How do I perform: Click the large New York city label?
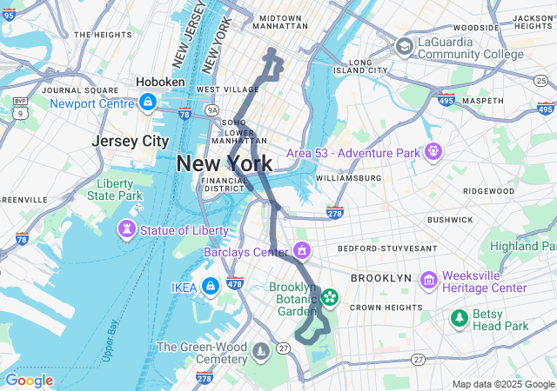tap(224, 162)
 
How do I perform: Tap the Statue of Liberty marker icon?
tap(128, 229)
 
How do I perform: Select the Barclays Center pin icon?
tap(301, 251)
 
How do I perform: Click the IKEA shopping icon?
tap(210, 287)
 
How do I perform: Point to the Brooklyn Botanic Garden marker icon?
tap(330, 298)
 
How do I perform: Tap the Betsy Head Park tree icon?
tap(459, 319)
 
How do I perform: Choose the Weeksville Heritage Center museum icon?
tap(428, 281)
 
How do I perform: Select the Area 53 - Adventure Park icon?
tap(433, 153)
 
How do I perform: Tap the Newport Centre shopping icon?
tap(148, 103)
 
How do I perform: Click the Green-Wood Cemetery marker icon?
tap(260, 352)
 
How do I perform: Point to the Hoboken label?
tap(160, 82)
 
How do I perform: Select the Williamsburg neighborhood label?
tap(348, 178)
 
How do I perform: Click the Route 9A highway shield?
tap(211, 110)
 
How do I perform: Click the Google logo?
tap(29, 380)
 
